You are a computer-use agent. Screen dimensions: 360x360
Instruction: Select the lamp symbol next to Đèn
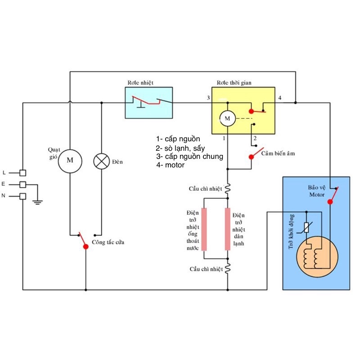click(102, 161)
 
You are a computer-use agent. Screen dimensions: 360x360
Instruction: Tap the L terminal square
click(23, 173)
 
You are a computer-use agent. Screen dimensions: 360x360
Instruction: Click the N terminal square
click(23, 196)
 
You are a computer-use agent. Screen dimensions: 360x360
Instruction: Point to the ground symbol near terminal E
click(37, 202)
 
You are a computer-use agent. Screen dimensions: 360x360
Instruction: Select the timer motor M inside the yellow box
click(228, 118)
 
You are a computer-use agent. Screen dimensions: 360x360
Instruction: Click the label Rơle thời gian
click(234, 83)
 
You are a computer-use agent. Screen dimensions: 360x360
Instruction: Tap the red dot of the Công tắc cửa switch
click(86, 247)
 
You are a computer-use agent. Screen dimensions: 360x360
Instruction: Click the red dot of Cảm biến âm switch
click(252, 157)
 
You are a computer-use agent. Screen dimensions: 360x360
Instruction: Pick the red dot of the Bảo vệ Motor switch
click(330, 202)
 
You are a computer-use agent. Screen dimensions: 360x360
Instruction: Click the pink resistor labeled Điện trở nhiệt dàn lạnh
click(228, 229)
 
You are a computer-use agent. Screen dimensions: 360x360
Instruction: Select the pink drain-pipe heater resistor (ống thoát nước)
click(204, 229)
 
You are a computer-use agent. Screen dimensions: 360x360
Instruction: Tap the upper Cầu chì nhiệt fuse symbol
click(228, 189)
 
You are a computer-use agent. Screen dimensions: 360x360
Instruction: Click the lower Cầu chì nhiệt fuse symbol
click(228, 268)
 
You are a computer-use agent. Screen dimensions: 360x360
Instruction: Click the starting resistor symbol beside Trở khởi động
click(306, 228)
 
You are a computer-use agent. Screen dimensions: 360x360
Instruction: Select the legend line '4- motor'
click(171, 165)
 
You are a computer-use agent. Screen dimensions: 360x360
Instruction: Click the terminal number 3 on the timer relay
click(208, 98)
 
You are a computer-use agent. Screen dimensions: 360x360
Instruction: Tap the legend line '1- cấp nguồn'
click(178, 139)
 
